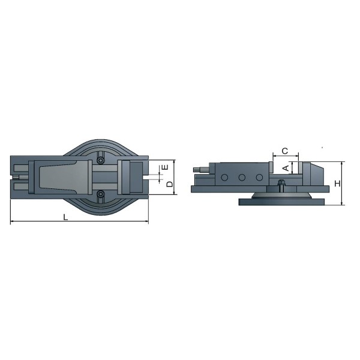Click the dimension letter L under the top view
point(66,217)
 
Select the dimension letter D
point(170,184)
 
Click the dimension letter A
point(286,169)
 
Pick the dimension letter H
point(337,184)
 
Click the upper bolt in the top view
point(100,160)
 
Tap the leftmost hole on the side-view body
point(224,178)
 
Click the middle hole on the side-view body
point(242,178)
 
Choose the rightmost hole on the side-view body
point(259,178)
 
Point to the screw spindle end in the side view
point(199,171)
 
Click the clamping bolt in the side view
point(281,184)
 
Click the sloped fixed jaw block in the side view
point(313,173)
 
